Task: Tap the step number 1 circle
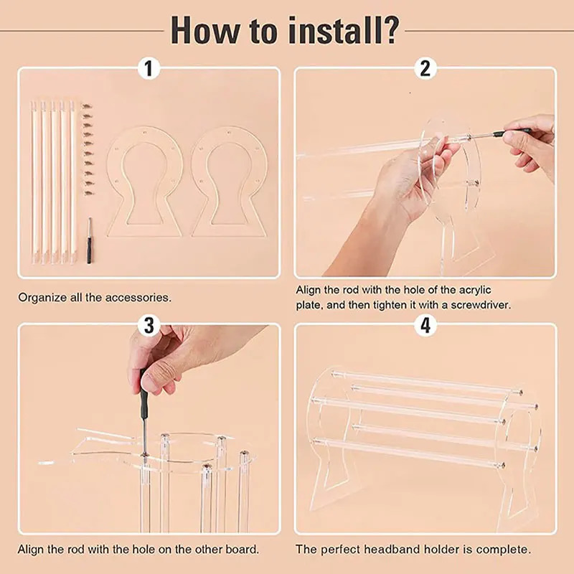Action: [x=149, y=69]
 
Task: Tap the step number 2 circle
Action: [x=425, y=69]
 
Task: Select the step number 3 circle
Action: [x=149, y=325]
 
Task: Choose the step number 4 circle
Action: [x=425, y=325]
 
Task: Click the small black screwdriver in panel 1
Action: [x=89, y=241]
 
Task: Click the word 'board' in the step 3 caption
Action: [x=240, y=550]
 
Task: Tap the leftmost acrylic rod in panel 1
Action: [x=34, y=179]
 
